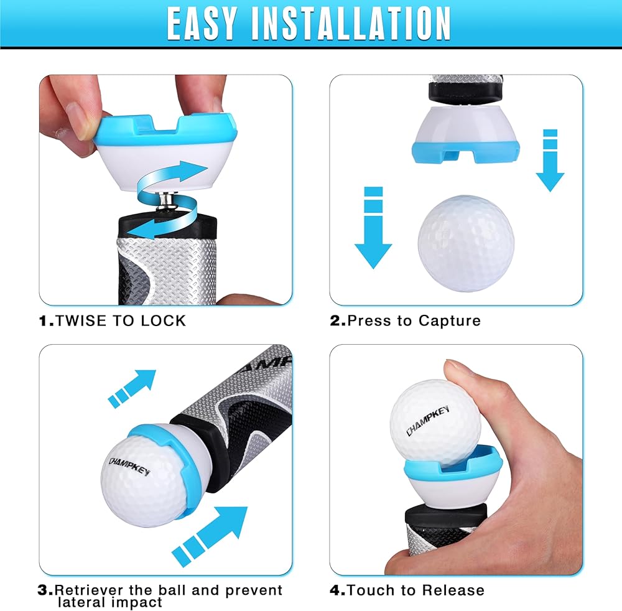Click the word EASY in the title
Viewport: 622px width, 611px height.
pos(202,24)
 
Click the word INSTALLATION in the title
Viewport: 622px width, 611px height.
pos(351,24)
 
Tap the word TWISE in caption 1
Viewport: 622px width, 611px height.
pos(81,320)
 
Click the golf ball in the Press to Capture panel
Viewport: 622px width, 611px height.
pos(466,243)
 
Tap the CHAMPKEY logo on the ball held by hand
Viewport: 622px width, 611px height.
pos(428,421)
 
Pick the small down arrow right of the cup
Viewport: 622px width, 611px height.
pos(550,161)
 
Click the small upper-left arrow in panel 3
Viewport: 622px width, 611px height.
pos(132,389)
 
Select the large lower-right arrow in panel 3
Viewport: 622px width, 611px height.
pos(210,536)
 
